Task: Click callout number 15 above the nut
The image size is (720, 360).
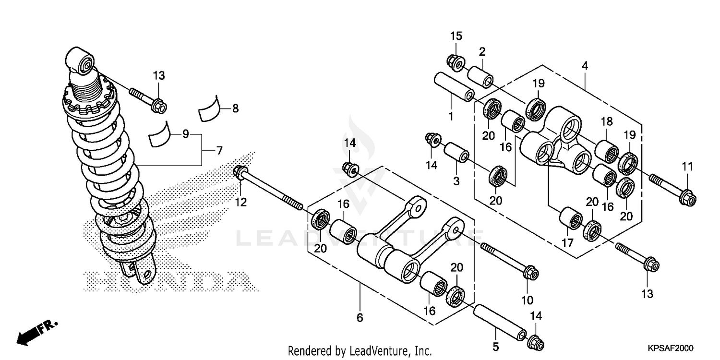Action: pos(456,36)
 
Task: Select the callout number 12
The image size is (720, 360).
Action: pos(240,203)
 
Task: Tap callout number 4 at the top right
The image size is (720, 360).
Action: pos(585,66)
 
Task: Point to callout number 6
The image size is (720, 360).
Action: pos(360,317)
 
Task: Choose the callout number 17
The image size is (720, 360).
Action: pos(567,243)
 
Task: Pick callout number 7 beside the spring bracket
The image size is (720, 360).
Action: pos(219,151)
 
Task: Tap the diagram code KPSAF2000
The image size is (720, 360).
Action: pos(672,348)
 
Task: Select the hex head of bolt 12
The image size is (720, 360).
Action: pos(240,172)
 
